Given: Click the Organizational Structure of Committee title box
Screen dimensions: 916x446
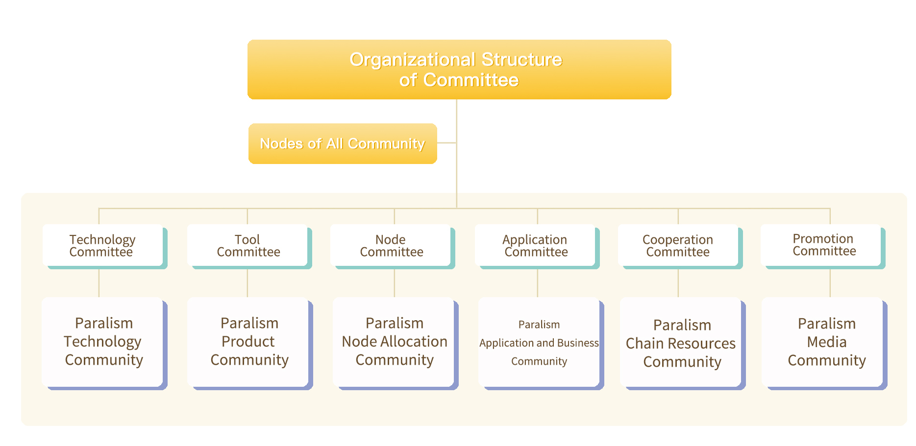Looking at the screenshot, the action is tap(459, 70).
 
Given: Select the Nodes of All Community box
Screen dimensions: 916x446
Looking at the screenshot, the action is tap(343, 143).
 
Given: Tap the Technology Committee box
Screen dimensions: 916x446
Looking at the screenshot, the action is tap(104, 246).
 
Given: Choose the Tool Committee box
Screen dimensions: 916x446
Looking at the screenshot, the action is tap(249, 246).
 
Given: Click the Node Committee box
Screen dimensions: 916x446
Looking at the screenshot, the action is tap(392, 246).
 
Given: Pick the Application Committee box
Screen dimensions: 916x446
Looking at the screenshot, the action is tap(537, 246).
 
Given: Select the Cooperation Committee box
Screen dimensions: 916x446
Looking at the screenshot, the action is tap(680, 246).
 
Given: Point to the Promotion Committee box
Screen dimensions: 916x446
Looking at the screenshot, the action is tap(822, 246).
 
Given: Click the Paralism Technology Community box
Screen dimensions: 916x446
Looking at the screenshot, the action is tap(104, 343).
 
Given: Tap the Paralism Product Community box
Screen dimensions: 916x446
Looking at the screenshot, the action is tap(250, 343).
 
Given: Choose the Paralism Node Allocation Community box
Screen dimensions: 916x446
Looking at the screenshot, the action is tap(396, 343).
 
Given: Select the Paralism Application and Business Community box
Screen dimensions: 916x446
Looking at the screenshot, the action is tap(541, 343).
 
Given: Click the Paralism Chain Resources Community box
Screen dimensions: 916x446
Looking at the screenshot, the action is tap(683, 343).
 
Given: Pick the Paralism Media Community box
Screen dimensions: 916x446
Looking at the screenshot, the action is tap(824, 343).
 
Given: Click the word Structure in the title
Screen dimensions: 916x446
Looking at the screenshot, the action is tap(522, 60).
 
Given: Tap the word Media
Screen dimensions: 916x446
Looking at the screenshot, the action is tap(827, 342).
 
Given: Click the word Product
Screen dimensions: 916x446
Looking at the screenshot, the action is tap(248, 341).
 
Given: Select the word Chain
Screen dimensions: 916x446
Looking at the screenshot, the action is tap(643, 343).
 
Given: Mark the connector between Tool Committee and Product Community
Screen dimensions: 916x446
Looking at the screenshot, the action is tap(248, 283).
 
